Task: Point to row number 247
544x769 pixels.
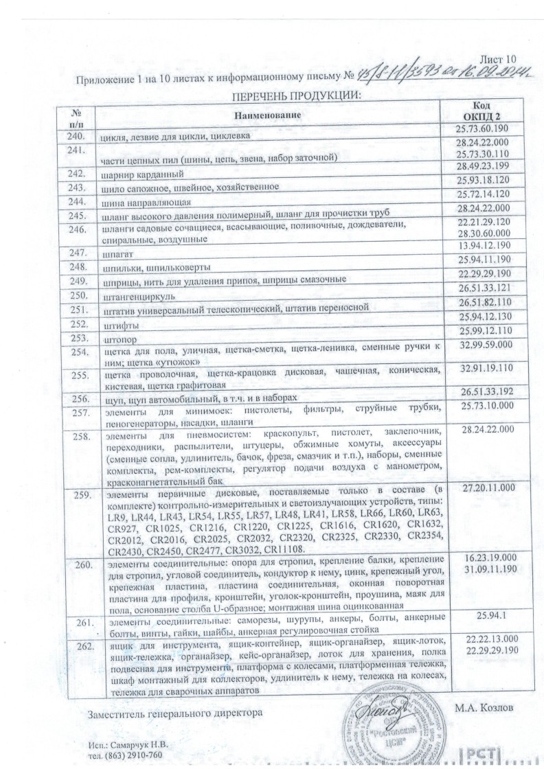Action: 77,253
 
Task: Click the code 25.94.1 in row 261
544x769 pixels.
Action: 484,616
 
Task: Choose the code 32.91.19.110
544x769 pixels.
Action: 485,368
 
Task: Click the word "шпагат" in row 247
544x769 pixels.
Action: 117,253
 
